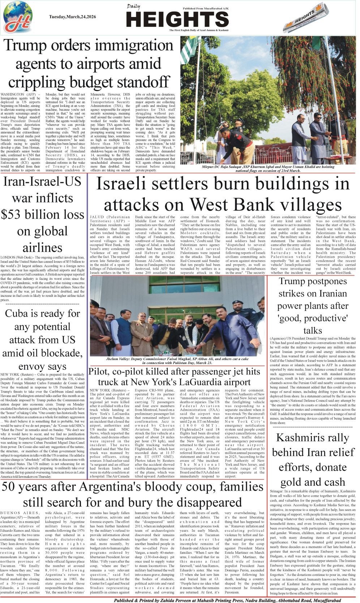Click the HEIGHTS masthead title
[177, 19]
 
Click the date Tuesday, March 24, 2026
[73, 17]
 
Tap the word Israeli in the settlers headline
[123, 184]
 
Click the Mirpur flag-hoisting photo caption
[268, 168]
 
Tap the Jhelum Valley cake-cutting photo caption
[177, 361]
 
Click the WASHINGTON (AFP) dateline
[18, 94]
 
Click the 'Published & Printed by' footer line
[228, 600]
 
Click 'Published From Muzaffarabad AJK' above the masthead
[204, 8]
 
